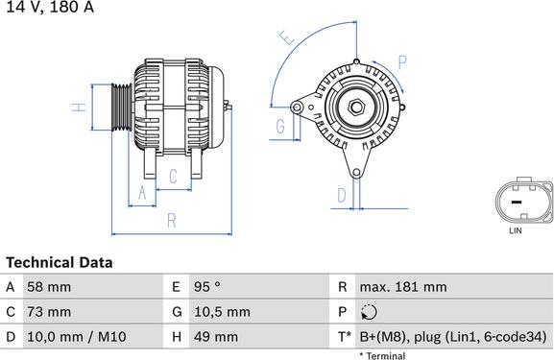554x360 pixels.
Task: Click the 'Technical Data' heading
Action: click(60, 262)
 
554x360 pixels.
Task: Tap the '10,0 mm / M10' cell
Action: click(78, 337)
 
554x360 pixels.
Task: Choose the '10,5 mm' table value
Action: click(224, 312)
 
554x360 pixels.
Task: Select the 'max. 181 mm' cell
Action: click(402, 287)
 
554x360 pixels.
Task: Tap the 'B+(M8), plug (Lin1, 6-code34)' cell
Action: click(452, 337)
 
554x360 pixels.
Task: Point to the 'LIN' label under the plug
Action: click(516, 231)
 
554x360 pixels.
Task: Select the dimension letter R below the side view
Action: click(171, 220)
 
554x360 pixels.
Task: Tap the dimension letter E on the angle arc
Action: click(284, 39)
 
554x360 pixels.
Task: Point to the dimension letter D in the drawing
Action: click(341, 195)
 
